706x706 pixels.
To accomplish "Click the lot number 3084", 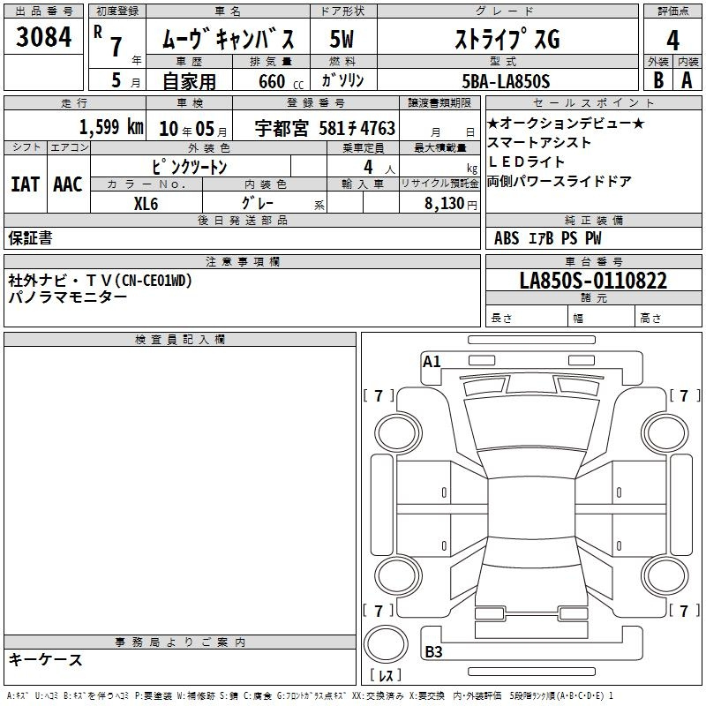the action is click(43, 36).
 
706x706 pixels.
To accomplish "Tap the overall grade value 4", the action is click(672, 41).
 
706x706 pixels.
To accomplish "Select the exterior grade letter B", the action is click(658, 80).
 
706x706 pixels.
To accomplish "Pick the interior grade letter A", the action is click(687, 80).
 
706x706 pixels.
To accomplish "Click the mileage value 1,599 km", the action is click(111, 127).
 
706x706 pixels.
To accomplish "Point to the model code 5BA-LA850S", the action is click(506, 81).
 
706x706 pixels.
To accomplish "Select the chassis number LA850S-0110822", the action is click(593, 281).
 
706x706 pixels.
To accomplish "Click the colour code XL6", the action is click(146, 204).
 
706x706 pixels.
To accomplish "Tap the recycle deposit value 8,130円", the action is click(451, 204).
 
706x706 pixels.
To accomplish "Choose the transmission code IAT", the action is click(26, 184).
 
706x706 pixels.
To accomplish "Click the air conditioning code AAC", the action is click(68, 184).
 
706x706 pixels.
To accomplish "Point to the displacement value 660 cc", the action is click(281, 81).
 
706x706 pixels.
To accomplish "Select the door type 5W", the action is click(342, 39).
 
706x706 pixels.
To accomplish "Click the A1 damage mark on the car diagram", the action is click(432, 362).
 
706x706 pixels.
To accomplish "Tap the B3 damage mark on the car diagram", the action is click(433, 651).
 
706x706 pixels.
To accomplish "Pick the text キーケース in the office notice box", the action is click(45, 659).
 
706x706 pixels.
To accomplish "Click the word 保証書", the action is click(30, 237).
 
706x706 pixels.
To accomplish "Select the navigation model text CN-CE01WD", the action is click(155, 281).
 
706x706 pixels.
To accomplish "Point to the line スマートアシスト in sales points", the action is click(539, 143).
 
